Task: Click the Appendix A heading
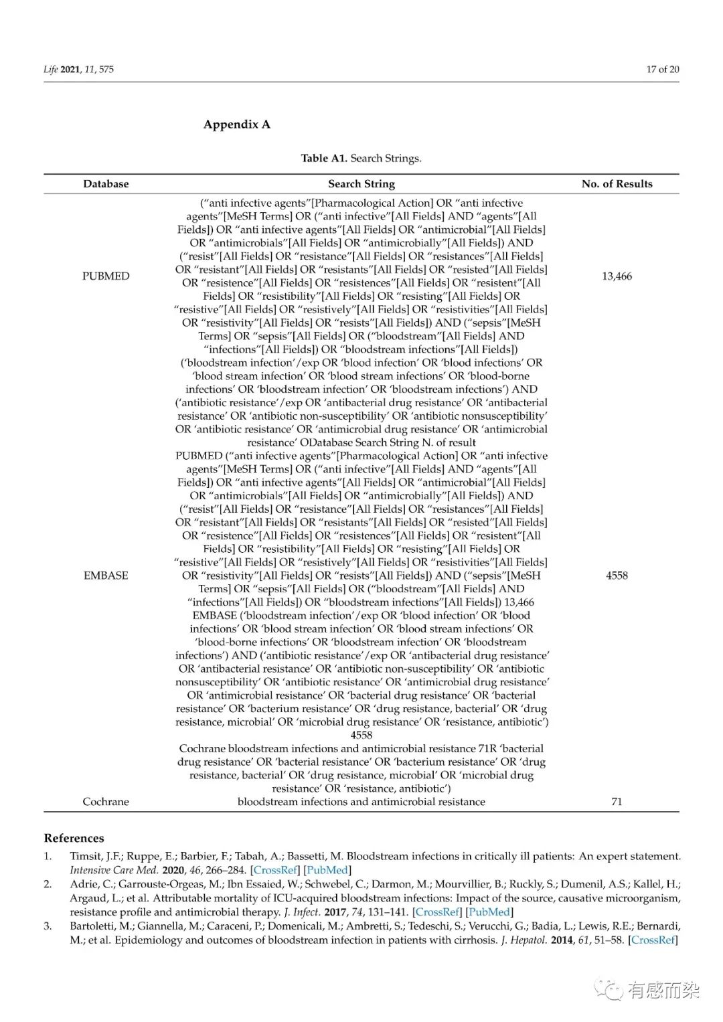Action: point(237,124)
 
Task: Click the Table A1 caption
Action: point(361,159)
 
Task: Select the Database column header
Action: point(106,184)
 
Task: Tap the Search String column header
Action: point(361,184)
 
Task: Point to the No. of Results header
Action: point(617,184)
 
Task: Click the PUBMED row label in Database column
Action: point(106,276)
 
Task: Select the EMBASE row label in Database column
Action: point(106,576)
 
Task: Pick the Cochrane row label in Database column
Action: point(106,802)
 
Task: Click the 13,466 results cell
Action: point(617,276)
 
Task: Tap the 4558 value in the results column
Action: point(617,576)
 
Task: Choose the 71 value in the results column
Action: point(617,802)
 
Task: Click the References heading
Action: point(74,839)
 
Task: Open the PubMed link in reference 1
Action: point(327,870)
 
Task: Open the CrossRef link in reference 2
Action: point(437,912)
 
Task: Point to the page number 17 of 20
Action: point(662,70)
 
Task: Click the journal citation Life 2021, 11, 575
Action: point(79,70)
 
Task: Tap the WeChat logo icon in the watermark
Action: point(609,989)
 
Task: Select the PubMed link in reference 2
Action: point(489,912)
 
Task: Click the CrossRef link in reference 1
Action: point(275,870)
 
